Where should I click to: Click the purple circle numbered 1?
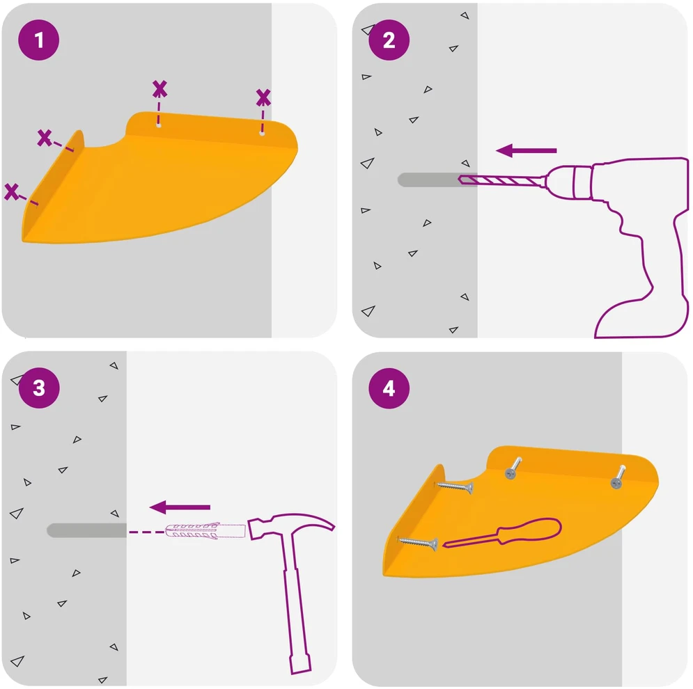[39, 40]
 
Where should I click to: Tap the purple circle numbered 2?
[389, 40]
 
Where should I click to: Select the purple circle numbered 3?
[39, 388]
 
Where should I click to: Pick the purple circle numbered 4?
[389, 388]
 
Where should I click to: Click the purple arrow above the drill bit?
[526, 150]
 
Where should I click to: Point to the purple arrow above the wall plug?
[180, 507]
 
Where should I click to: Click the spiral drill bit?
[502, 180]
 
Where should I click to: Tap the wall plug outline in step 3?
[205, 530]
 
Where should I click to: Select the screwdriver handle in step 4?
[529, 531]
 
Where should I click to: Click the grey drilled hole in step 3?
[86, 530]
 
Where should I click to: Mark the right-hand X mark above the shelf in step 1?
[263, 97]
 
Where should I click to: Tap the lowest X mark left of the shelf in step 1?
[11, 192]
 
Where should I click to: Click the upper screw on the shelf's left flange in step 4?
[455, 486]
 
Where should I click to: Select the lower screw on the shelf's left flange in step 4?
[418, 544]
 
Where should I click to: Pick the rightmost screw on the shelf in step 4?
[618, 477]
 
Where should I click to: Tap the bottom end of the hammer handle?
[301, 664]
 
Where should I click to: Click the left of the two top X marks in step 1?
[159, 89]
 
